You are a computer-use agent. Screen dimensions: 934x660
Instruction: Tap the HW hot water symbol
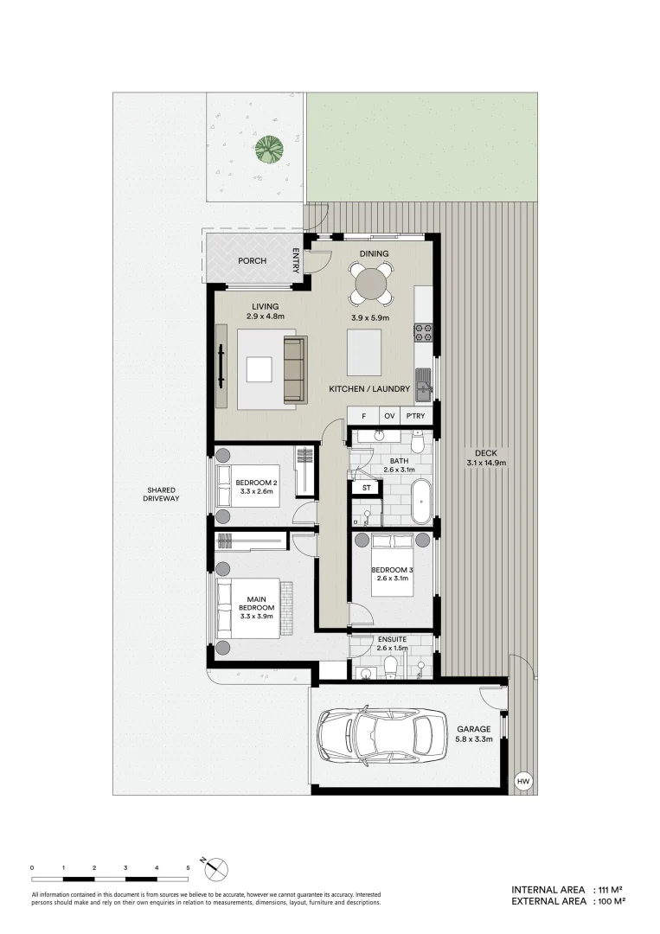[522, 781]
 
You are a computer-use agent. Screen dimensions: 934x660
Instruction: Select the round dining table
[371, 283]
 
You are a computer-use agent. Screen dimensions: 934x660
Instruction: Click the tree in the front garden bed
[270, 149]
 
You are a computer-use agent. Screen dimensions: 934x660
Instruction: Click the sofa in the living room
[295, 369]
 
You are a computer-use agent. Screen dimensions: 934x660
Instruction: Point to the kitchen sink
[423, 384]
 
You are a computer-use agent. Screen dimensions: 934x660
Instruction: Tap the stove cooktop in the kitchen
[423, 331]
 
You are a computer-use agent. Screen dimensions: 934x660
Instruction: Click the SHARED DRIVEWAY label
[162, 494]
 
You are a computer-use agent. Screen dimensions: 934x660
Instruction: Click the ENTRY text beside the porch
[297, 261]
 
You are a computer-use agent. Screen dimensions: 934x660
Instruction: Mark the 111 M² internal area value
[610, 890]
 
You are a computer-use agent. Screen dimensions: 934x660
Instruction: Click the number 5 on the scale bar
[188, 867]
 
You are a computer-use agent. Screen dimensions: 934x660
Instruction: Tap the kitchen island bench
[363, 351]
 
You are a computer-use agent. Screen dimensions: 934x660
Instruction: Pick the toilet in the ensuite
[390, 665]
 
